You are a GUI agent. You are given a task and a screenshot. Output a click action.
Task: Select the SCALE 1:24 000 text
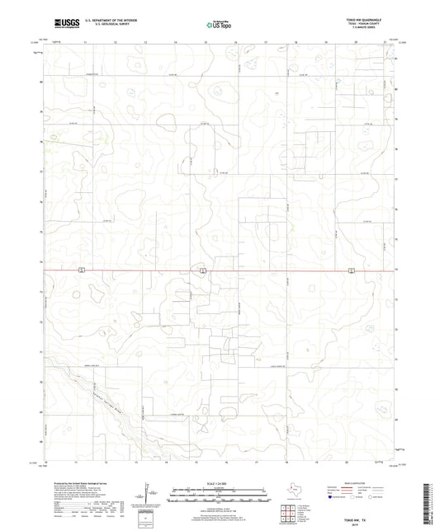pyautogui.click(x=219, y=482)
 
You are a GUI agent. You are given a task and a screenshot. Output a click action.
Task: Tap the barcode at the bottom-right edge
pyautogui.click(x=433, y=504)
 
